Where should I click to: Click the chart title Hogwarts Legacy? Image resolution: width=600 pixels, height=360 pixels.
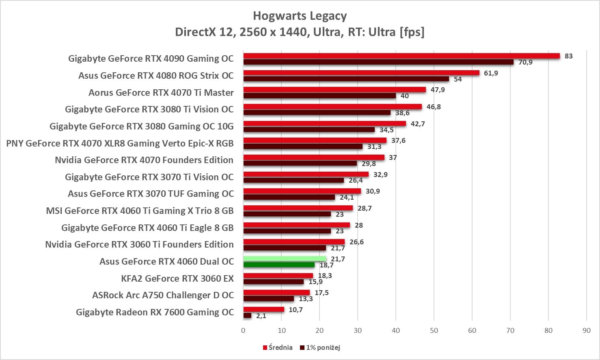pyautogui.click(x=300, y=16)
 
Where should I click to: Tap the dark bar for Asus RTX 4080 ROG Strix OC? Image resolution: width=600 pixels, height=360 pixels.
pyautogui.click(x=346, y=79)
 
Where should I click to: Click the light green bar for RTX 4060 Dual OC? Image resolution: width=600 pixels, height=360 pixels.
pyautogui.click(x=285, y=259)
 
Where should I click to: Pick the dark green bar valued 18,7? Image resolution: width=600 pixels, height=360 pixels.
pyautogui.click(x=279, y=265)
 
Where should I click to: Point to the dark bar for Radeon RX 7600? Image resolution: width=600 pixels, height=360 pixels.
pyautogui.click(x=247, y=315)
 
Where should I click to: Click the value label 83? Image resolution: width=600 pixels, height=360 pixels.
pyautogui.click(x=568, y=56)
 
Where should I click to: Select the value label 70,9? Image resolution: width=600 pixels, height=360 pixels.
pyautogui.click(x=525, y=62)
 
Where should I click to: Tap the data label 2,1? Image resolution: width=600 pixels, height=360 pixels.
pyautogui.click(x=261, y=316)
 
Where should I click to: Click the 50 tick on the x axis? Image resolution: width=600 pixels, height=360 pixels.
pyautogui.click(x=434, y=330)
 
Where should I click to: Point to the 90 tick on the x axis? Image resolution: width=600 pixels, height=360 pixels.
pyautogui.click(x=586, y=330)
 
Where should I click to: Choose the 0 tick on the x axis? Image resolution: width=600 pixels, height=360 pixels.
pyautogui.click(x=243, y=330)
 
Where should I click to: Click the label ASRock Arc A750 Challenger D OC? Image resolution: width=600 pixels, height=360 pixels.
pyautogui.click(x=163, y=295)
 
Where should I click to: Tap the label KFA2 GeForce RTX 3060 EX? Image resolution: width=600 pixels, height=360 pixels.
pyautogui.click(x=177, y=278)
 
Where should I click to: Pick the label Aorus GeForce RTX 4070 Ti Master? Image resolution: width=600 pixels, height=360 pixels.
pyautogui.click(x=161, y=93)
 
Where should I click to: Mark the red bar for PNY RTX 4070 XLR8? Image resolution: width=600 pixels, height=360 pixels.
pyautogui.click(x=315, y=140)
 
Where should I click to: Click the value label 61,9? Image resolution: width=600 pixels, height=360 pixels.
pyautogui.click(x=491, y=73)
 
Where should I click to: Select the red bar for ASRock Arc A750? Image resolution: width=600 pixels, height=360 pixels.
pyautogui.click(x=276, y=293)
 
